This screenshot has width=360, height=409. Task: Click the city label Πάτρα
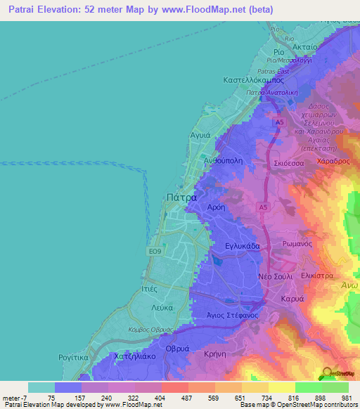pyautogui.click(x=181, y=198)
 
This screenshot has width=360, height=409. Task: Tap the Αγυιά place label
pyautogui.click(x=201, y=133)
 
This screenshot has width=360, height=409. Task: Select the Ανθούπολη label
pyautogui.click(x=223, y=160)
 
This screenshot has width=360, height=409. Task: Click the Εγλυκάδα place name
pyautogui.click(x=243, y=247)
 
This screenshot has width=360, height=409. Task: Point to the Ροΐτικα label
pyautogui.click(x=73, y=357)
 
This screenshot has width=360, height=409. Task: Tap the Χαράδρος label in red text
pyautogui.click(x=333, y=161)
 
